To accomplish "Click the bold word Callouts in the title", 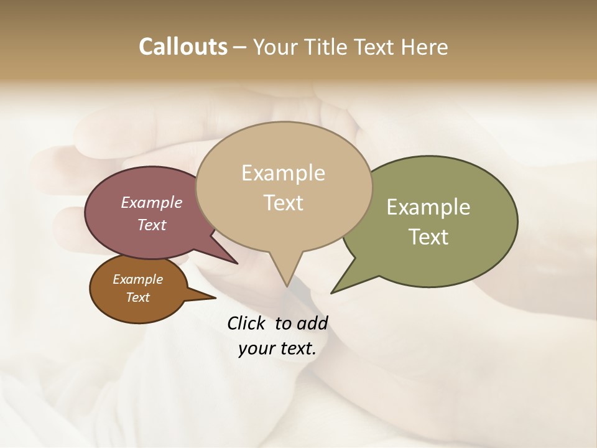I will point(183,47).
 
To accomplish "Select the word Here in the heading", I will point(425,47).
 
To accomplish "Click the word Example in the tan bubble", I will point(283,173).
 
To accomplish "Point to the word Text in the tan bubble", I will point(283,202).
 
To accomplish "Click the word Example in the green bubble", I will point(428,207).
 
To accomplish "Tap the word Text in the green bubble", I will point(428,237).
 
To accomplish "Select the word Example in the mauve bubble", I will point(152,202).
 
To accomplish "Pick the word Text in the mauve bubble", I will point(152,225).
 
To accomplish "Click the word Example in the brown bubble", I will point(137,279).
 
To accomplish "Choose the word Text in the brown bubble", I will point(137,297).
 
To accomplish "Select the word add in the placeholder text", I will point(313,324).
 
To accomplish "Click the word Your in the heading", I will point(274,47).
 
